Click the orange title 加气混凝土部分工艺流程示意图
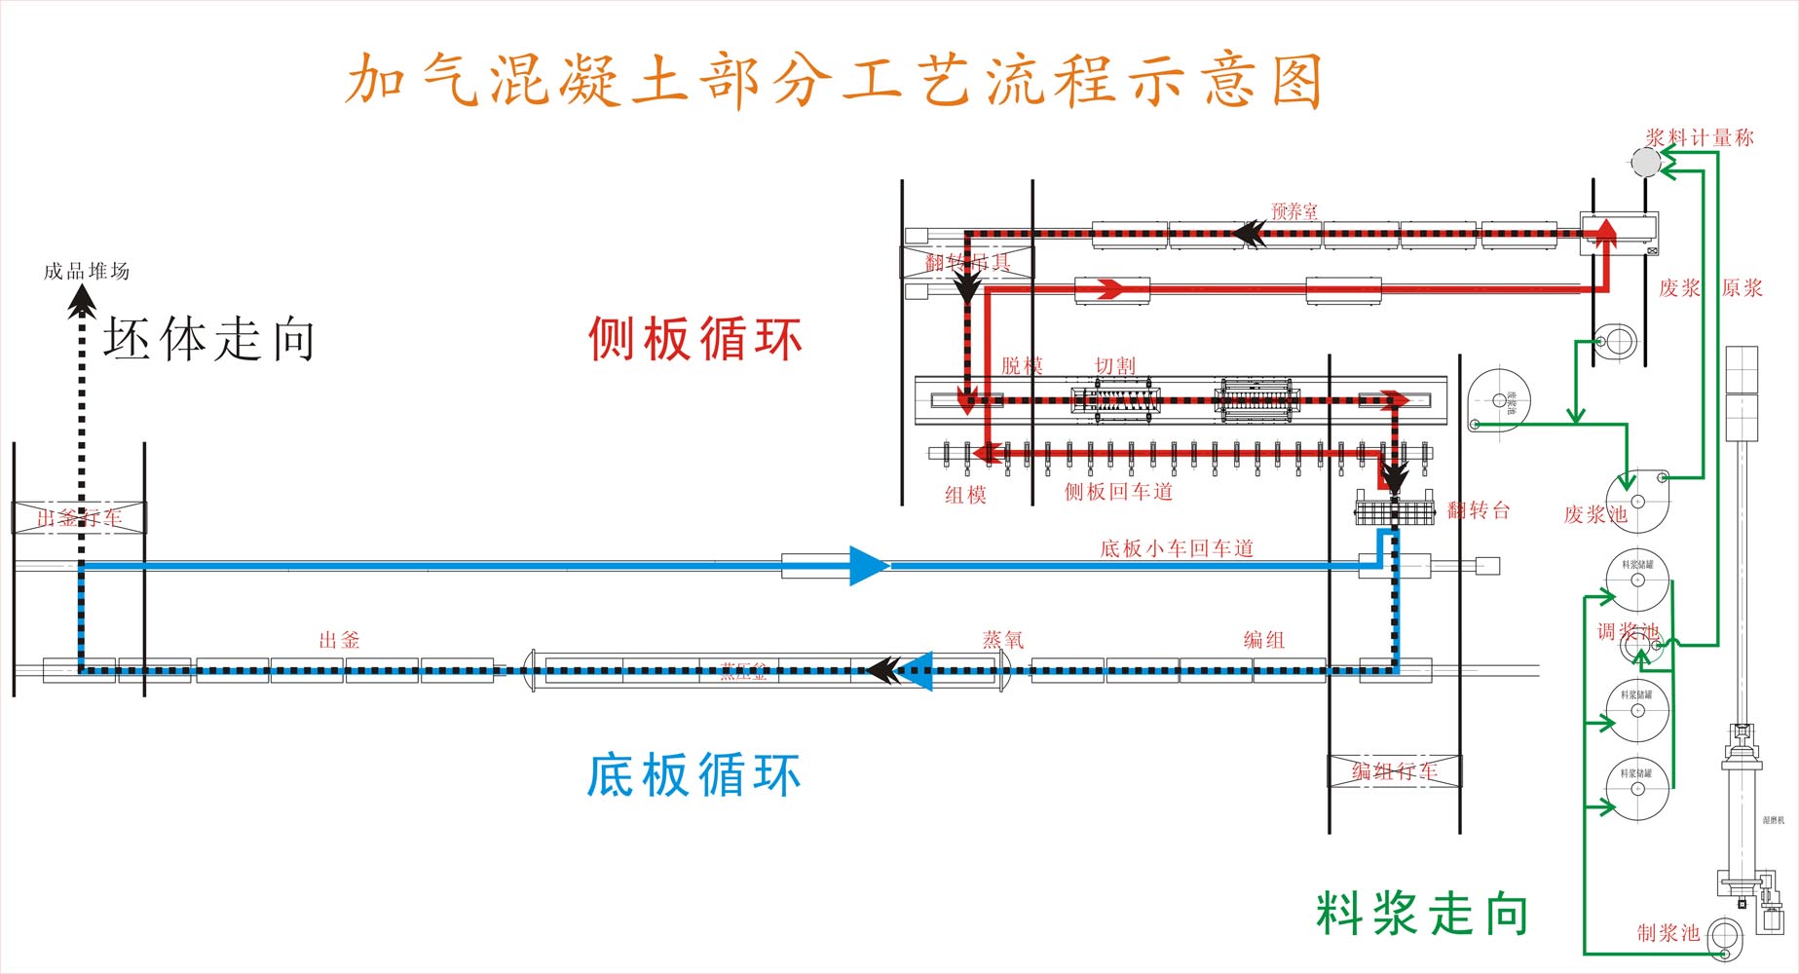834,80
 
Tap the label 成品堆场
87,271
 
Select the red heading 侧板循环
694,340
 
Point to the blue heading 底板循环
693,775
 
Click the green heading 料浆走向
1422,914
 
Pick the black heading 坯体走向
209,340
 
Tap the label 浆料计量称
1700,138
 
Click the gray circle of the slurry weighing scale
1646,162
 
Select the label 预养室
1294,210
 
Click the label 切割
1115,366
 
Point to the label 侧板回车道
1118,492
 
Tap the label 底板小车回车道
1177,548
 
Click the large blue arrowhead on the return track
867,565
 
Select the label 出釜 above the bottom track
340,640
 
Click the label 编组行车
1394,771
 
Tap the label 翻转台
1479,509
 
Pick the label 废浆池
1594,514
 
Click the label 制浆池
1668,933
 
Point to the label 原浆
1743,288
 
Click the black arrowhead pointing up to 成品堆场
82,300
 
